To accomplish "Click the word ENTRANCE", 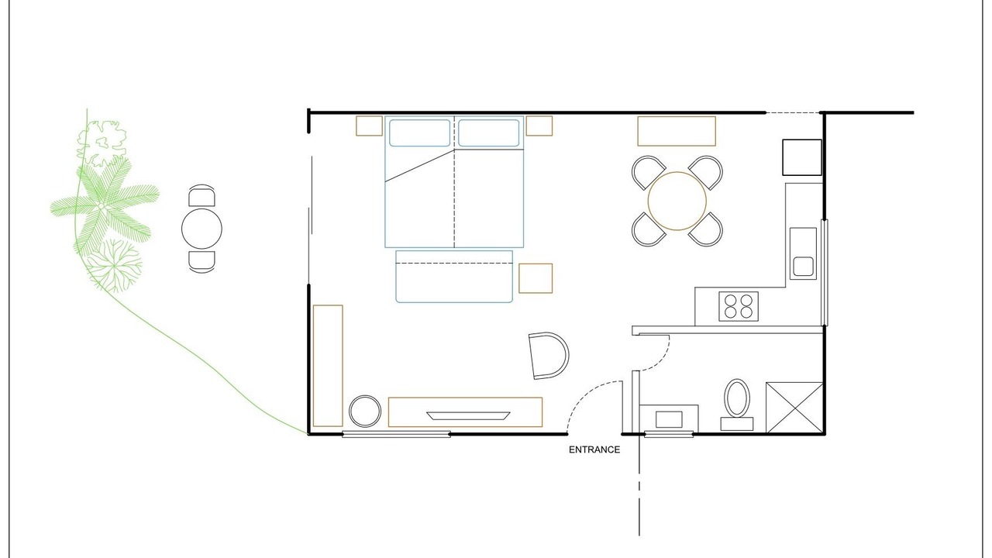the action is click(x=594, y=450).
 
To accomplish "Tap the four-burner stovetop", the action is click(x=739, y=306).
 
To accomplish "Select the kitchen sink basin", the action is click(x=803, y=266).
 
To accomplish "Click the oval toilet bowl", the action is click(x=737, y=398).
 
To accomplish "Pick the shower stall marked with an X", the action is click(x=794, y=408).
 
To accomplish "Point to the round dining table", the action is click(x=677, y=201).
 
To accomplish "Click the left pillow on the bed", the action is click(x=420, y=133).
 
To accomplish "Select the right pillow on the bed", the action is click(x=488, y=133).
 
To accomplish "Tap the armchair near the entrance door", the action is click(x=549, y=356).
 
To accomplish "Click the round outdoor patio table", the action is click(x=201, y=229).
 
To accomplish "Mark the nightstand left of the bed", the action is click(x=370, y=126).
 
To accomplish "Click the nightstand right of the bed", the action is click(x=539, y=126).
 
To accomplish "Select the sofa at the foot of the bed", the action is click(x=454, y=277).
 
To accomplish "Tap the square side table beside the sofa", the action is click(x=536, y=278).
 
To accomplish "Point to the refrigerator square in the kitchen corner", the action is click(x=802, y=157).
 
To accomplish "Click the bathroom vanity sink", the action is click(x=669, y=419).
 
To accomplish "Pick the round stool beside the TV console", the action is click(x=365, y=411).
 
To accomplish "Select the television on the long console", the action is click(x=468, y=416).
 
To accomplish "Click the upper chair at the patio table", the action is click(x=202, y=196).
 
